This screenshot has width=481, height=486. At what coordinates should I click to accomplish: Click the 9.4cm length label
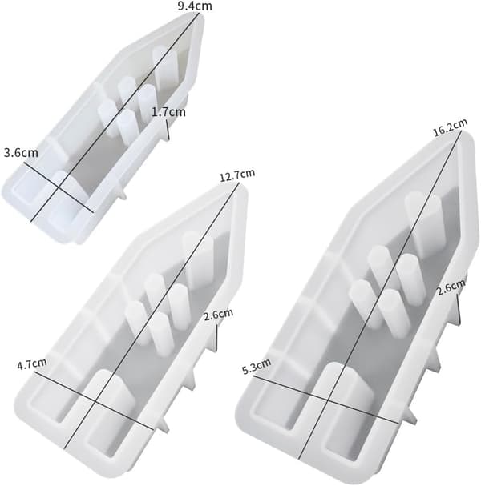195,6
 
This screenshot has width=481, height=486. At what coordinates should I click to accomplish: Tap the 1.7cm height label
168,112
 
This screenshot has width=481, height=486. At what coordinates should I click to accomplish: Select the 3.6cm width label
21,152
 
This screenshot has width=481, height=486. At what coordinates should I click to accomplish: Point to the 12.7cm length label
237,175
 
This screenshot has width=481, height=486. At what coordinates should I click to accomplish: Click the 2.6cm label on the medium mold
218,315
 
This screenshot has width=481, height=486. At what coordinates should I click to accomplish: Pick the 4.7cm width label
32,363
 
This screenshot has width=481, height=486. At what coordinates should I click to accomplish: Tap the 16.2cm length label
450,127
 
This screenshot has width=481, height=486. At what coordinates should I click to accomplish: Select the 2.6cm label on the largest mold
451,287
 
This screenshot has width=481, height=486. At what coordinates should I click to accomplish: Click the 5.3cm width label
257,367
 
